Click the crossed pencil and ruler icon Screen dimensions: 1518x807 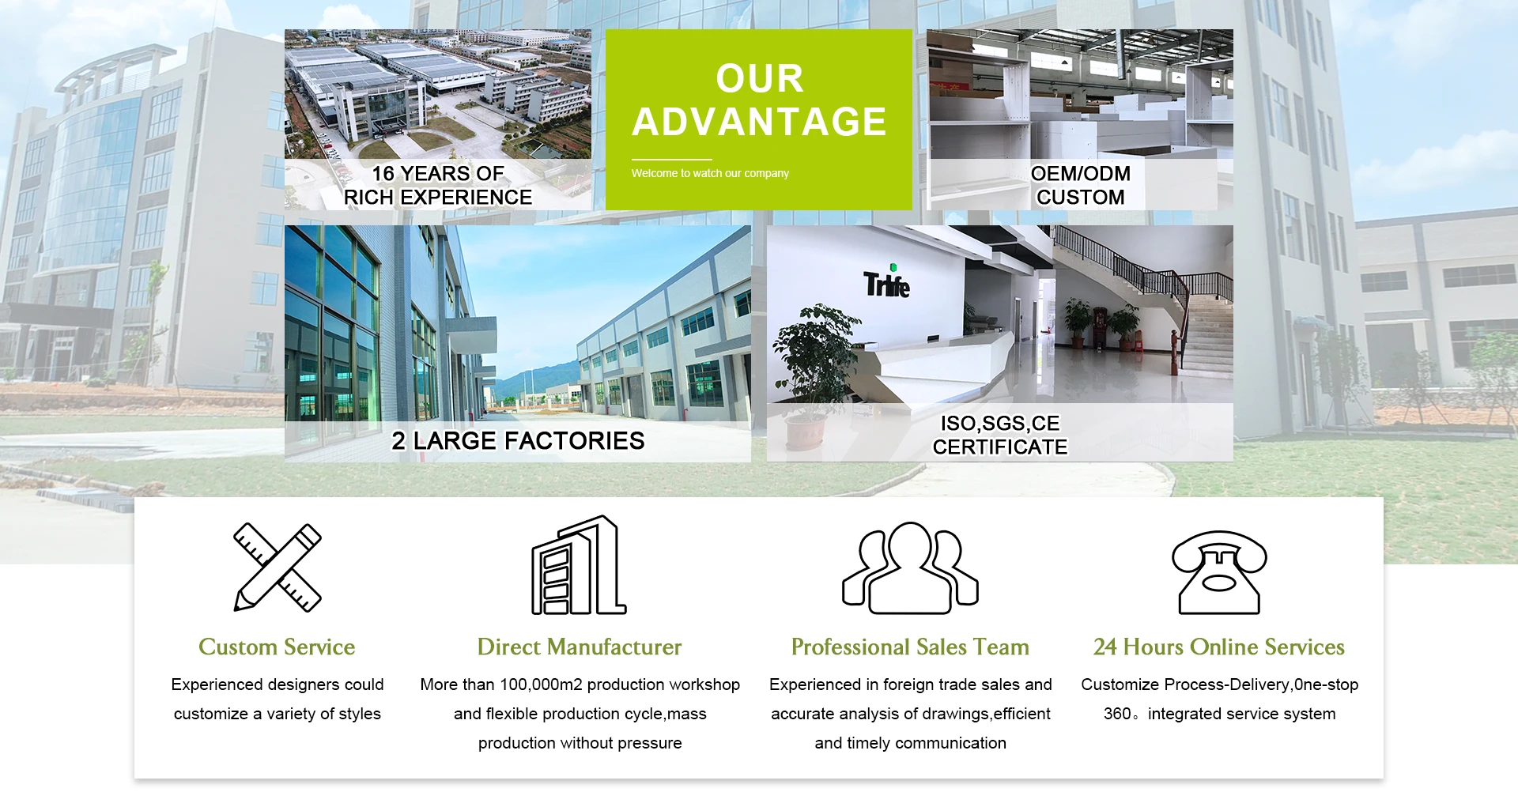click(278, 567)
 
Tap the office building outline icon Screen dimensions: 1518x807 click(579, 565)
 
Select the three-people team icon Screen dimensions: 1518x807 click(910, 568)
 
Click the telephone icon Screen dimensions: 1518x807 click(1219, 572)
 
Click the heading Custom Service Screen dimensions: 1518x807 click(277, 647)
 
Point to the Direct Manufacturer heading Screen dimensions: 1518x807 click(580, 647)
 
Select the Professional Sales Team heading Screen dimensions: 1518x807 click(910, 647)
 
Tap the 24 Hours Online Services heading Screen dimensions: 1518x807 click(1219, 647)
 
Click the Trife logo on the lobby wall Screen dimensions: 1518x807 click(886, 281)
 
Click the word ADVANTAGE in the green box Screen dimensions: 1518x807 click(759, 122)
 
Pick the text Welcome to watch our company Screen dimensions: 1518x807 click(710, 173)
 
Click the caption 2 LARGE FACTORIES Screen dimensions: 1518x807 click(518, 440)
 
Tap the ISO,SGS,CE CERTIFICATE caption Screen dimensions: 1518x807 click(1000, 435)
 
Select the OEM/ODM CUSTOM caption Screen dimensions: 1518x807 click(1081, 185)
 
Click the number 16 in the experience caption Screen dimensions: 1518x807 click(383, 173)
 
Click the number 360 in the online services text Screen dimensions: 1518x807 click(1117, 714)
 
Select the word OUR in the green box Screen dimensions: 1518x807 click(760, 78)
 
